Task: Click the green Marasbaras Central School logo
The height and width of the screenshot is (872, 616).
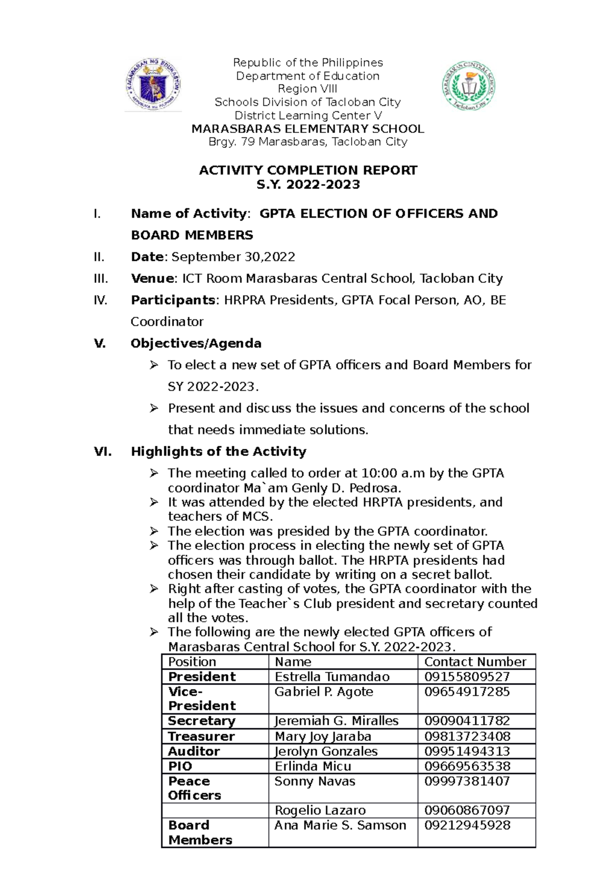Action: (x=469, y=86)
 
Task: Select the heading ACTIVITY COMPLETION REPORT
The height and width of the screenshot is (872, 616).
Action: (x=308, y=170)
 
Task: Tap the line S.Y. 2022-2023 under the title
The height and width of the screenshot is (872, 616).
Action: (x=308, y=184)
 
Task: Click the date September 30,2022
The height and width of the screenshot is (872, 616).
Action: (x=233, y=257)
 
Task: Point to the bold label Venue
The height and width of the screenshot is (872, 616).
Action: (x=152, y=278)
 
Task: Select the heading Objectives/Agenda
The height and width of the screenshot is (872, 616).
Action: (x=196, y=343)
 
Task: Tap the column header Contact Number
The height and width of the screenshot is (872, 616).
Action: (x=475, y=661)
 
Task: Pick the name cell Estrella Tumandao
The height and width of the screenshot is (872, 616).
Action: (x=332, y=677)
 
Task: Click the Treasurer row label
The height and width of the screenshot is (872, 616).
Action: (x=201, y=736)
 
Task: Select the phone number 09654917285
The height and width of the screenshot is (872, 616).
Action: (x=467, y=692)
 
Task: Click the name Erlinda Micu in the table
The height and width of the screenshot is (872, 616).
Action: (x=313, y=766)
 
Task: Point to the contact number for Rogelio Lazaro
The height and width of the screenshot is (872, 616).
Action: (x=467, y=810)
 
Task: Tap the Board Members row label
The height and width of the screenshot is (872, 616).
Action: (x=200, y=832)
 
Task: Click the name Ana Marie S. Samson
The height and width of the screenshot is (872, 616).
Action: (x=340, y=825)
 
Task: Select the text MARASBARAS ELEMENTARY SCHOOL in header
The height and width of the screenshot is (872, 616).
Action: (x=308, y=129)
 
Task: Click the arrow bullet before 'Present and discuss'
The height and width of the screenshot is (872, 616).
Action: (x=153, y=408)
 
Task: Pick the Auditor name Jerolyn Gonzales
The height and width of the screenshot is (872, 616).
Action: (x=326, y=751)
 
